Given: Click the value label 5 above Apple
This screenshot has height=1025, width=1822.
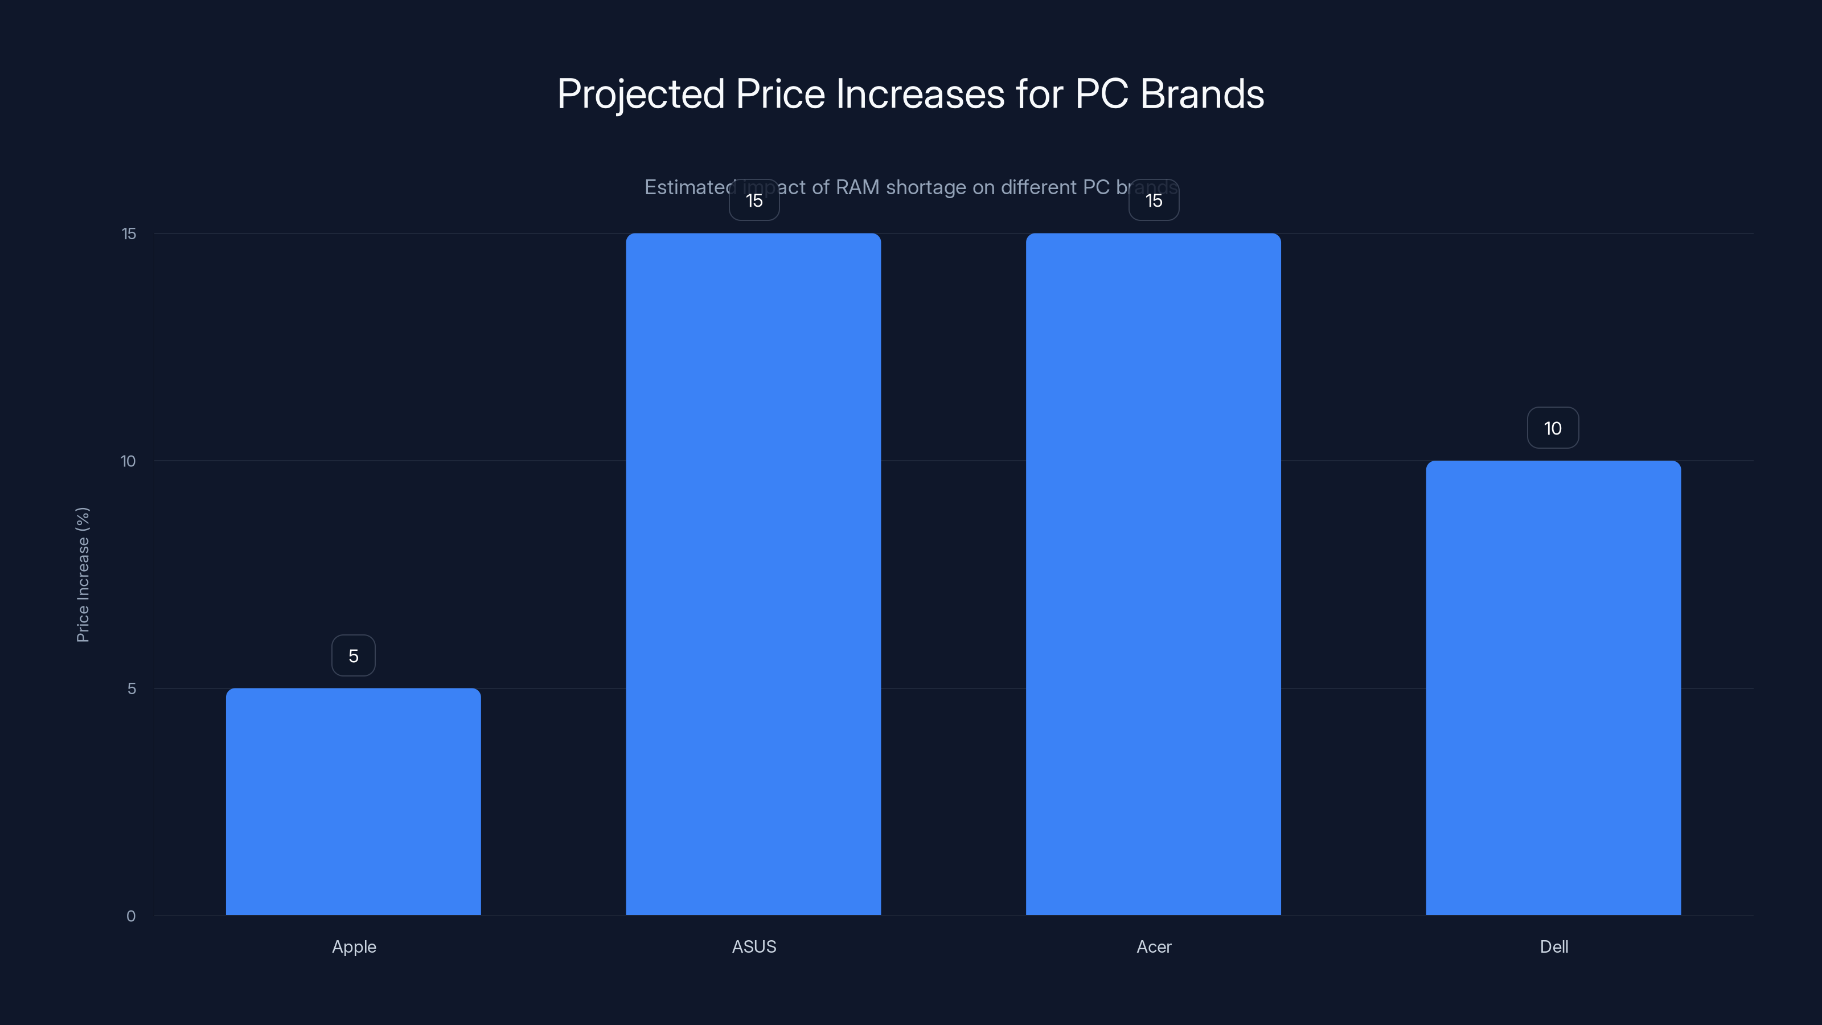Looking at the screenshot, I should (354, 656).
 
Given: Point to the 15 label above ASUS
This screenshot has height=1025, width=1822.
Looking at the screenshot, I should (754, 200).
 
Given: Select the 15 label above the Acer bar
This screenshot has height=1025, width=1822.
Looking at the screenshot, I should (1154, 200).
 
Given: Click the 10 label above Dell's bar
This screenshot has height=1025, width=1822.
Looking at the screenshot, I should (1553, 428).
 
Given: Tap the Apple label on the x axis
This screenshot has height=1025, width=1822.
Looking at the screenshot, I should (354, 946).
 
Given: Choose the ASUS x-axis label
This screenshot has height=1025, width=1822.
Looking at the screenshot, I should (754, 946).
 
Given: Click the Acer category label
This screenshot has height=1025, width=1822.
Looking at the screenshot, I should (1154, 946).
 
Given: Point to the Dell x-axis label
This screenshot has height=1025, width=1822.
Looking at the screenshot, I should (1554, 946).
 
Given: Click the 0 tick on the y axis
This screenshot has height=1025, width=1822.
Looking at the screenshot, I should (131, 916).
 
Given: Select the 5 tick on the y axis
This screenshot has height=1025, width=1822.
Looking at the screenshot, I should (132, 688).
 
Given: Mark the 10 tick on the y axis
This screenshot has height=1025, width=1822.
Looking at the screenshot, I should (128, 461).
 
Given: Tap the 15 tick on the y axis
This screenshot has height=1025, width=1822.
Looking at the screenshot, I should (129, 233).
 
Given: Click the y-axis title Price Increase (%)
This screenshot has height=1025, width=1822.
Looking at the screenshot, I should (83, 575).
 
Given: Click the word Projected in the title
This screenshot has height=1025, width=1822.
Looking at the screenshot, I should (641, 94).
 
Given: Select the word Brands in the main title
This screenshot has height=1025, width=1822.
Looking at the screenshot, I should (1202, 94).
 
